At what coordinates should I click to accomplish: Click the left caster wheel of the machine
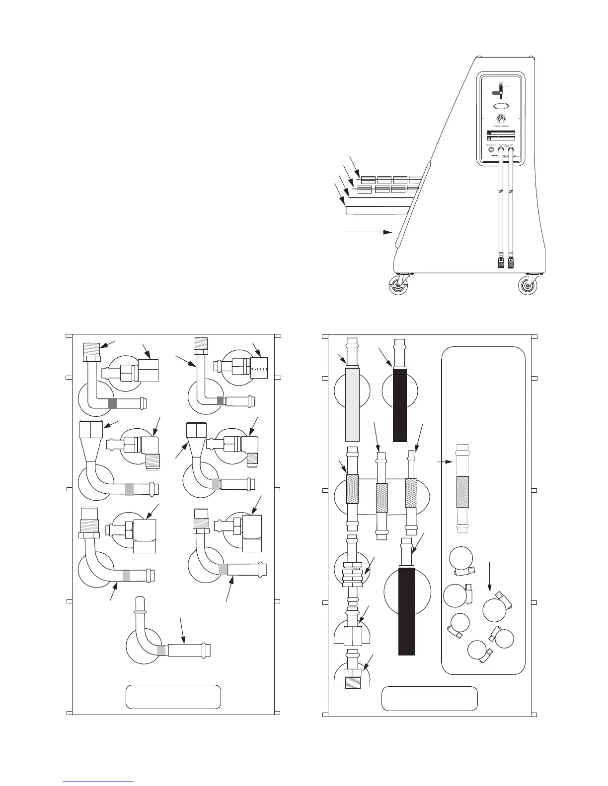(398, 286)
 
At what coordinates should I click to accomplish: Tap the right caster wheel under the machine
(527, 286)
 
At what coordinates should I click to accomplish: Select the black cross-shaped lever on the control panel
(500, 92)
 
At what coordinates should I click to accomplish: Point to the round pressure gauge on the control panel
(501, 119)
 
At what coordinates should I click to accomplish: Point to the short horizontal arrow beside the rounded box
(445, 461)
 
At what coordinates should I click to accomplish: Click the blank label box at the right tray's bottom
(429, 698)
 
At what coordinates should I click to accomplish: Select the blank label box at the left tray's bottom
(173, 697)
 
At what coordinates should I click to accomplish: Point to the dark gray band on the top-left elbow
(112, 403)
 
